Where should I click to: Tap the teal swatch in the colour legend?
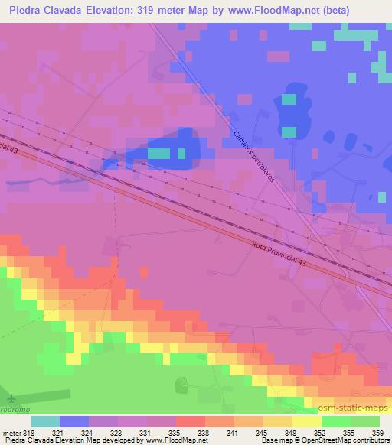(x=45, y=421)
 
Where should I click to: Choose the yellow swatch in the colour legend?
(x=306, y=421)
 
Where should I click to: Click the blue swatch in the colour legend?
(x=75, y=421)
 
